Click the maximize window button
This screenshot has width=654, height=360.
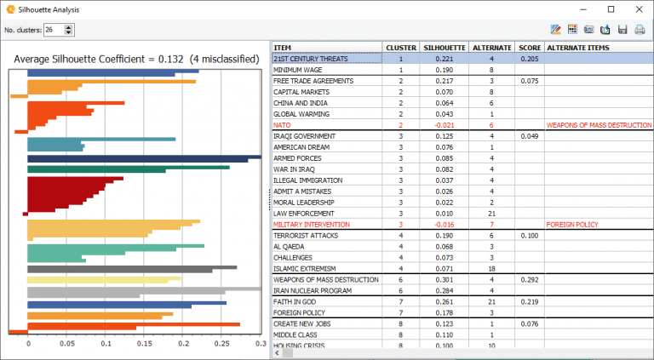pyautogui.click(x=611, y=9)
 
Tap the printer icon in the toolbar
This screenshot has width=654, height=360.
pyautogui.click(x=640, y=30)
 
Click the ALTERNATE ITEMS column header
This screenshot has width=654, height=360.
pyautogui.click(x=578, y=47)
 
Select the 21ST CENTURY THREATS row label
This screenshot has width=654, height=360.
pyautogui.click(x=310, y=58)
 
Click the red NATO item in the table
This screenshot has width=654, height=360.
pyautogui.click(x=282, y=124)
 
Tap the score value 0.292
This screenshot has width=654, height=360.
pyautogui.click(x=529, y=279)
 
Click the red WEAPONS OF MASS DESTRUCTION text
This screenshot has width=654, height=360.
pyautogui.click(x=599, y=124)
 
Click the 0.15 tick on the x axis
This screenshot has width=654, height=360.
pyautogui.click(x=144, y=344)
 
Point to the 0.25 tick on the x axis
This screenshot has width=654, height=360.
pyautogui.click(x=221, y=344)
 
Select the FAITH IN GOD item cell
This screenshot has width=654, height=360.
pyautogui.click(x=297, y=301)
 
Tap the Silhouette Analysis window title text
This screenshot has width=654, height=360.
pyautogui.click(x=54, y=9)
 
